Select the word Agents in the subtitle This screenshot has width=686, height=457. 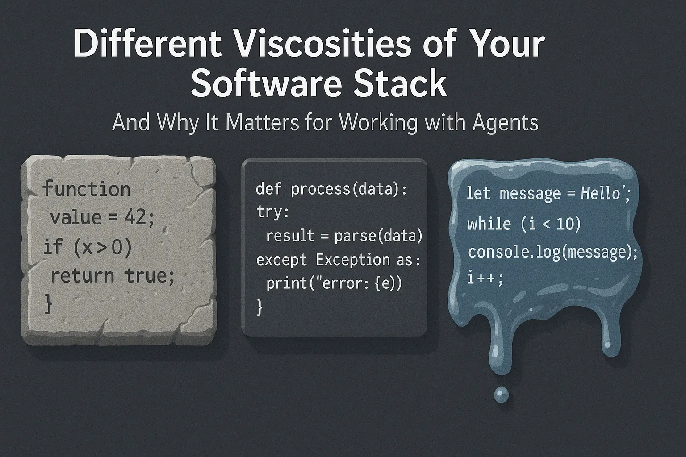(505, 123)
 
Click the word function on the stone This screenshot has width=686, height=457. (86, 188)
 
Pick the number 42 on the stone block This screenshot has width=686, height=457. (135, 218)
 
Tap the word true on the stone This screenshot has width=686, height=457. (146, 275)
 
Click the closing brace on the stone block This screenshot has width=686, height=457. (48, 303)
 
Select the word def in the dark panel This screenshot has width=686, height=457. (268, 188)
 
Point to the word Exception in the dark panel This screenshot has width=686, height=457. (353, 260)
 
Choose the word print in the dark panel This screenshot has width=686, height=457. (286, 283)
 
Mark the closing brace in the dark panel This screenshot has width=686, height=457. (259, 307)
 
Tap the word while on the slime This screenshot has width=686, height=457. (489, 224)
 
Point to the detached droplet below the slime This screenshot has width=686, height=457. (502, 395)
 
